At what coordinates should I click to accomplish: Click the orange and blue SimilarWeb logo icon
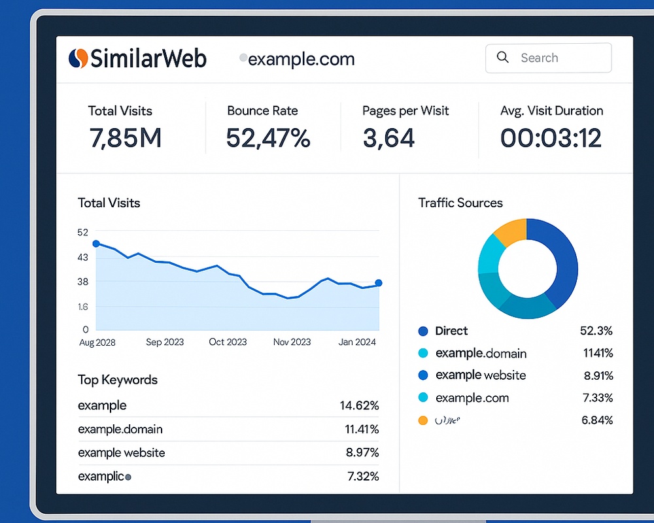pyautogui.click(x=78, y=58)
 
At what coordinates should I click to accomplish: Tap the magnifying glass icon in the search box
pyautogui.click(x=503, y=58)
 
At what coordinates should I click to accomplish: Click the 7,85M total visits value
pyautogui.click(x=125, y=138)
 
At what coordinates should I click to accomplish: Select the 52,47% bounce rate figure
pyautogui.click(x=268, y=138)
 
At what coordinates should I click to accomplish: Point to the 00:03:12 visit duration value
pyautogui.click(x=551, y=138)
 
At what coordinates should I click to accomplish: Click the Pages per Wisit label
pyautogui.click(x=405, y=110)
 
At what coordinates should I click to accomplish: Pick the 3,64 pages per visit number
pyautogui.click(x=389, y=138)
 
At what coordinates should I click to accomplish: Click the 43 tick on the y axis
pyautogui.click(x=82, y=257)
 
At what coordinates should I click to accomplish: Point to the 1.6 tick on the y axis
pyautogui.click(x=82, y=306)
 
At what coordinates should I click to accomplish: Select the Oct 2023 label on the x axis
pyautogui.click(x=228, y=342)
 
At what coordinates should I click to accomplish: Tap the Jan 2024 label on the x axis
pyautogui.click(x=356, y=342)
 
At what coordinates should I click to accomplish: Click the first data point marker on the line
pyautogui.click(x=96, y=244)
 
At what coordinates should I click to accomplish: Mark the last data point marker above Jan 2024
pyautogui.click(x=379, y=283)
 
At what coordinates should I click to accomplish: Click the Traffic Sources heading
pyautogui.click(x=460, y=203)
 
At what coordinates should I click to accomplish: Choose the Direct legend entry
pyautogui.click(x=451, y=331)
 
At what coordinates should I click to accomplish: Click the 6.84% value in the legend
pyautogui.click(x=596, y=420)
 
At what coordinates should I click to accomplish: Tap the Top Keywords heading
pyautogui.click(x=118, y=380)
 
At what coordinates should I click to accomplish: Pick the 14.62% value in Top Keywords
pyautogui.click(x=359, y=405)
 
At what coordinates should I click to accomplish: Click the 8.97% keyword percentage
pyautogui.click(x=362, y=452)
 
